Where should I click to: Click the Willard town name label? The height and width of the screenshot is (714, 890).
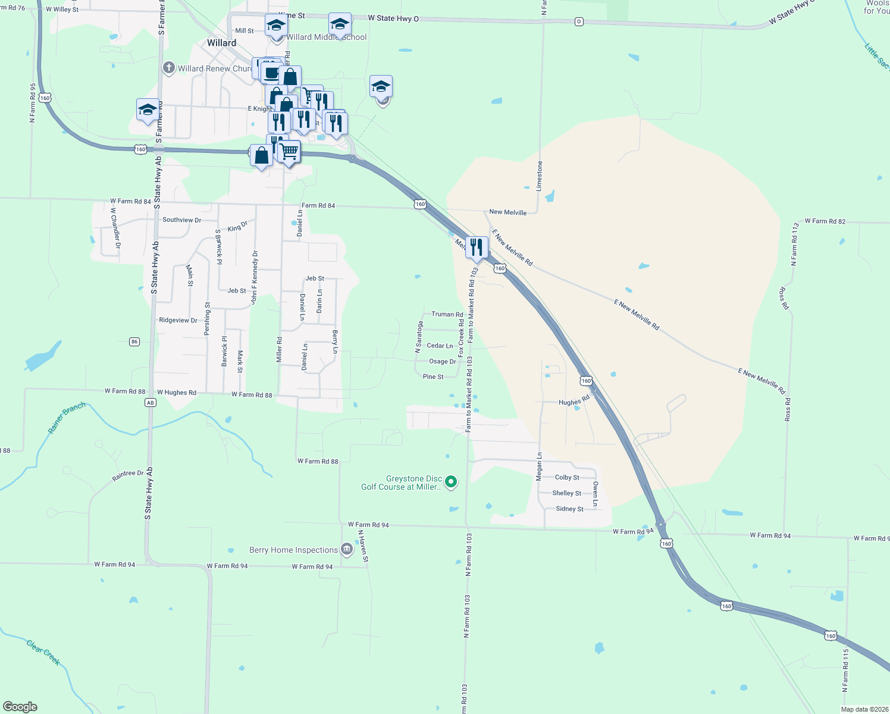[x=222, y=43]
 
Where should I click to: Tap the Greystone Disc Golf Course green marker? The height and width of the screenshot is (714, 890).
[x=451, y=482]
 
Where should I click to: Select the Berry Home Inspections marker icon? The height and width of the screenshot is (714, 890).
[x=347, y=550]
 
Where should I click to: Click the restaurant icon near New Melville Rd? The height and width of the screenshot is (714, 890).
[x=477, y=247]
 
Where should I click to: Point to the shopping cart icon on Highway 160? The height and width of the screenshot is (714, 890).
[x=289, y=152]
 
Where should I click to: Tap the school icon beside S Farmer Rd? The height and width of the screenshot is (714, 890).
[x=148, y=109]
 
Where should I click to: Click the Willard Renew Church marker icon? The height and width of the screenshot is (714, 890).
[x=169, y=68]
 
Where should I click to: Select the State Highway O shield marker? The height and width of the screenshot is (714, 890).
[x=579, y=21]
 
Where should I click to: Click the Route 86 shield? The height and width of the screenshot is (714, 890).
[x=134, y=342]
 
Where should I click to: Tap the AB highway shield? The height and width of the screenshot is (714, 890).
[x=150, y=403]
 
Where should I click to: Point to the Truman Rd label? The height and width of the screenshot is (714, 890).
[x=447, y=314]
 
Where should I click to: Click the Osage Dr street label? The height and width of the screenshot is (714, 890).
[x=443, y=361]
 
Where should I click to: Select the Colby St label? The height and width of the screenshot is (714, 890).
[x=567, y=477]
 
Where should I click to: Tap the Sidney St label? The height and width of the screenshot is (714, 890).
[x=569, y=509]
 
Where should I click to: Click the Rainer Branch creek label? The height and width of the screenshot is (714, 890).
[x=67, y=418]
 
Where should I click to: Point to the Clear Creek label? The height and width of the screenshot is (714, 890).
[x=43, y=652]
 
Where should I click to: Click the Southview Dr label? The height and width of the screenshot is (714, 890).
[x=181, y=220]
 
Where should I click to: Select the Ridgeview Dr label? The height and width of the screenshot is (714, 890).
[x=178, y=320]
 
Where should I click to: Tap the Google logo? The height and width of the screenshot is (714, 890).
[x=20, y=706]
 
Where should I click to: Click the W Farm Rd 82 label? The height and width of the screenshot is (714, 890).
[x=825, y=221]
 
